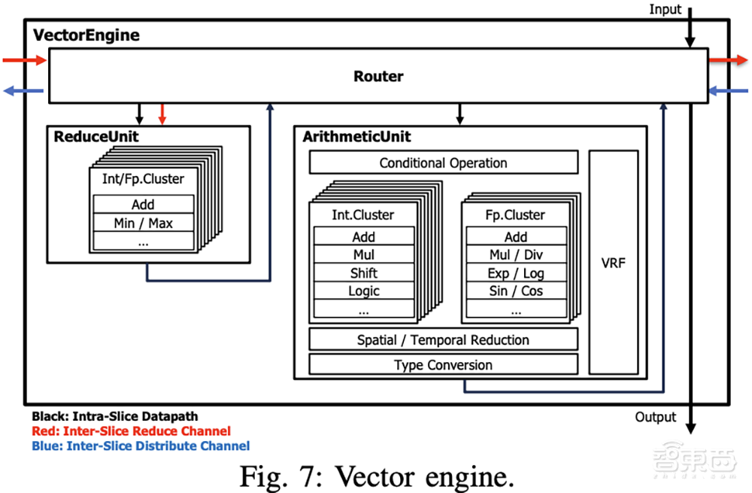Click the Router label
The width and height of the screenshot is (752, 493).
(x=378, y=76)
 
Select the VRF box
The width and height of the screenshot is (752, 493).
(x=613, y=263)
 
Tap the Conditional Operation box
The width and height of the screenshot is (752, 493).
(x=443, y=163)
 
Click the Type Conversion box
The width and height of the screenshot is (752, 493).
(x=443, y=365)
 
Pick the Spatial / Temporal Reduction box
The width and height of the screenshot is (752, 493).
(x=443, y=339)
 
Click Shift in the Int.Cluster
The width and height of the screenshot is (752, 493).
(x=363, y=272)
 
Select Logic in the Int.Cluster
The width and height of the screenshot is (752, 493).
(x=363, y=291)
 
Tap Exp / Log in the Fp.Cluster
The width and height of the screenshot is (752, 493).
(x=516, y=272)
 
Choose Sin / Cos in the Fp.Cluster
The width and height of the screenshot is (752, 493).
(x=516, y=291)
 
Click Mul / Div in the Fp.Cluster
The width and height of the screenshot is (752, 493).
(x=516, y=254)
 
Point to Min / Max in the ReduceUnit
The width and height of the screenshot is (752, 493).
(x=143, y=223)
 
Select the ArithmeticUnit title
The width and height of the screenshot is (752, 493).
(x=356, y=137)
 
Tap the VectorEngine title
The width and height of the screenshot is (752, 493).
(x=86, y=35)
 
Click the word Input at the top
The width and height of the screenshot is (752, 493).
(x=665, y=10)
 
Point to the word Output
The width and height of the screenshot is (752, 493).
(x=655, y=417)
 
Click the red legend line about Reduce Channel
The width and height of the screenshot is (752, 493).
(x=131, y=431)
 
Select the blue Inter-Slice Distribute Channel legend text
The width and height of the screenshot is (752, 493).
(x=141, y=446)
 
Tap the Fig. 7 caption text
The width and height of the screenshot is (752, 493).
(x=377, y=476)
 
